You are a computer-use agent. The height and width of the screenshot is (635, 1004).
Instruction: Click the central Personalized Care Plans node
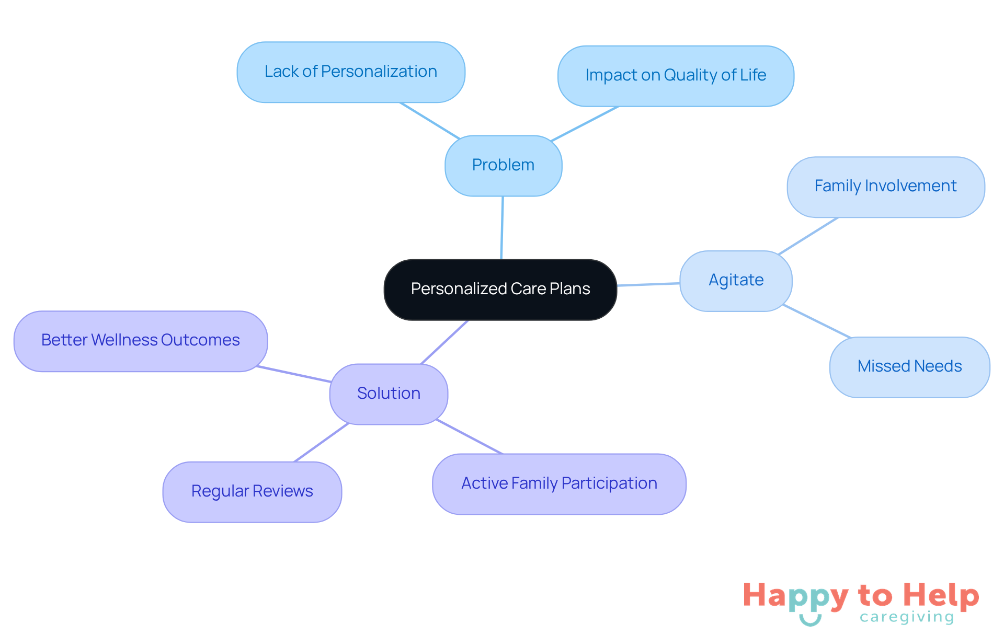(500, 289)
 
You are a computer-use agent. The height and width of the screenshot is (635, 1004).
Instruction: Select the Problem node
(503, 165)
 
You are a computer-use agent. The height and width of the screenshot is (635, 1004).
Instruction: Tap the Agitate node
(736, 281)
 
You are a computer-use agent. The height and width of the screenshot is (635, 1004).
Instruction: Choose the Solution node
(389, 394)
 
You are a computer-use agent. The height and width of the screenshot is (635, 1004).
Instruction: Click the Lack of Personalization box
(351, 72)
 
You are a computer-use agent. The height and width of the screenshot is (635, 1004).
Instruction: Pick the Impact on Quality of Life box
(676, 76)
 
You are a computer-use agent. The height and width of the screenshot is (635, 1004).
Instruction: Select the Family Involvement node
(885, 187)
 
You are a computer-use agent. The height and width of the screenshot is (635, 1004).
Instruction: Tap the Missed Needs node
(909, 366)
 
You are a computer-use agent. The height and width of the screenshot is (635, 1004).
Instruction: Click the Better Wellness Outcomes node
(141, 341)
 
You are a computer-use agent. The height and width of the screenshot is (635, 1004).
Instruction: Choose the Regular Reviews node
(252, 491)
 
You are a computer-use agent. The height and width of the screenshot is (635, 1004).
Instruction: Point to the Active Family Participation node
(559, 483)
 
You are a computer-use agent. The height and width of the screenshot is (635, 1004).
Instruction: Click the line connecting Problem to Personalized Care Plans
(502, 227)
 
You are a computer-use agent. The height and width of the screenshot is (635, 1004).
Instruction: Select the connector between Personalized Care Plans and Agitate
(648, 284)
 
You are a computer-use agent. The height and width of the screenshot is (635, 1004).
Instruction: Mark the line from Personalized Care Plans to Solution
(444, 342)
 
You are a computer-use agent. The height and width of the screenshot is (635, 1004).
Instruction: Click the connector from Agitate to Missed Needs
(817, 321)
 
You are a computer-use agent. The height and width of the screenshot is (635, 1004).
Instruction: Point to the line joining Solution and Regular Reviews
(321, 442)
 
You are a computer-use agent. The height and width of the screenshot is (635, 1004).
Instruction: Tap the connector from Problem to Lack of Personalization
(430, 120)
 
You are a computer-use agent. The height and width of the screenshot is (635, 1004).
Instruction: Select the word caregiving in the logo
(907, 617)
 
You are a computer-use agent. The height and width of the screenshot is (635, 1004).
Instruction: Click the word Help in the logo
(941, 596)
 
